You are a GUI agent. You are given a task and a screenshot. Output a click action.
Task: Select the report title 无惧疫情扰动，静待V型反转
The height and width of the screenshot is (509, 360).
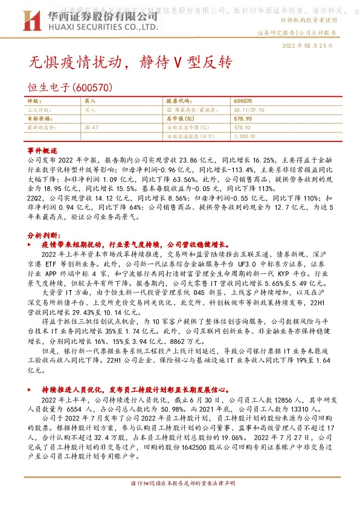point(130,62)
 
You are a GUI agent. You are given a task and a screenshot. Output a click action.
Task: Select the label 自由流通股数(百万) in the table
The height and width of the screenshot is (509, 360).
point(190,136)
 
